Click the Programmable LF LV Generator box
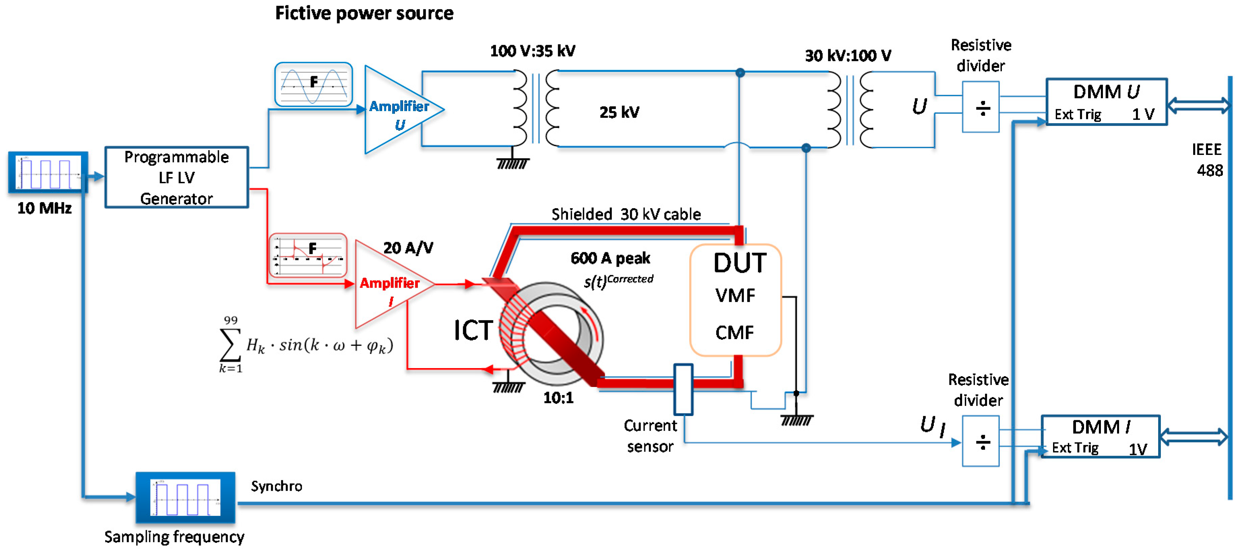[x=176, y=177]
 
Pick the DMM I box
[x=1100, y=436]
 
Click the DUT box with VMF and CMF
[x=735, y=300]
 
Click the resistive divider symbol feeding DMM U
[x=981, y=107]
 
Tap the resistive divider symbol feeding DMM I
[x=981, y=441]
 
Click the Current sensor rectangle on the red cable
[x=683, y=389]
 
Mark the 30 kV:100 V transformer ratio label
[x=848, y=56]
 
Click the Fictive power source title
[x=364, y=13]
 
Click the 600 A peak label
[x=611, y=258]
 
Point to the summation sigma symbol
[x=230, y=345]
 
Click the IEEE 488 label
[x=1208, y=160]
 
